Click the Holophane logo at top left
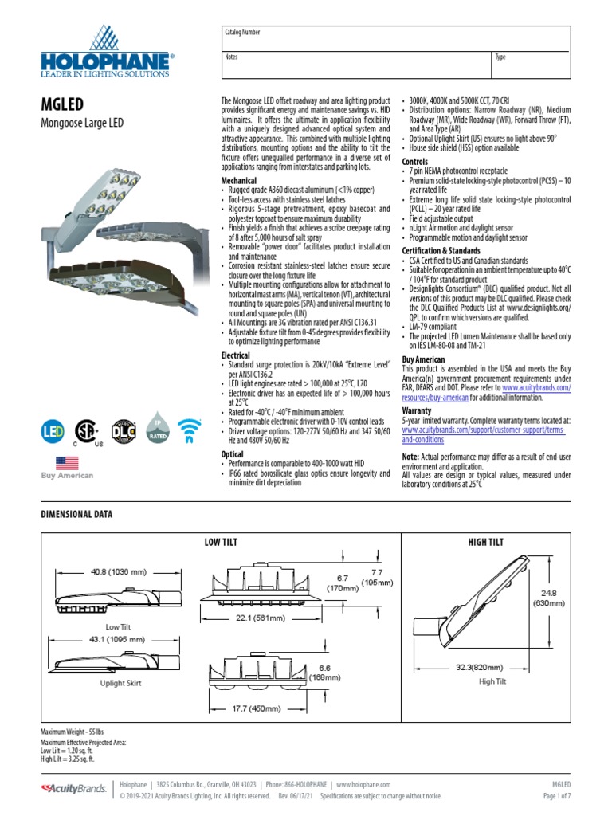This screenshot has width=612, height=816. coord(107,52)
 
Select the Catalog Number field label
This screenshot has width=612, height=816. coord(242,33)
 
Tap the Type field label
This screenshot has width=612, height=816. coord(500,57)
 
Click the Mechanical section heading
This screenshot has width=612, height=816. coord(238,181)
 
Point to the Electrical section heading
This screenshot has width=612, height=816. coord(235,355)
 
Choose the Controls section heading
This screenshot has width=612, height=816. coord(414,162)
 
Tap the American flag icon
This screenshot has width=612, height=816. coord(67,463)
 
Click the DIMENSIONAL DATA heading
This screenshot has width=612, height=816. coord(76,515)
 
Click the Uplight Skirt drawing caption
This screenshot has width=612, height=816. coord(121,683)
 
